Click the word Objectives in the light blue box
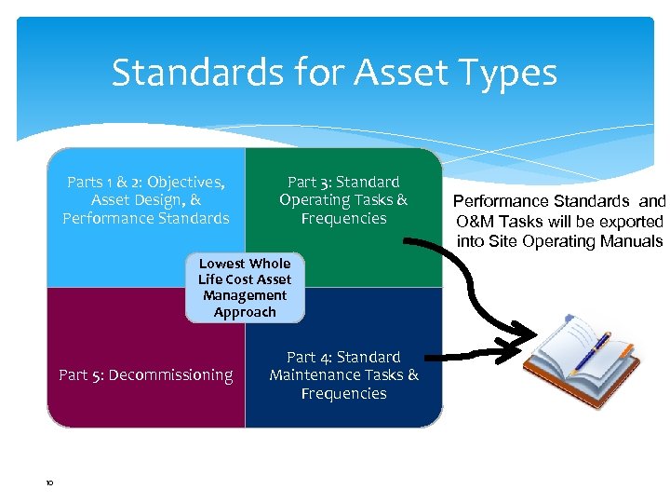click(184, 182)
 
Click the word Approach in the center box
click(245, 312)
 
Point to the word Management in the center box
click(245, 296)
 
